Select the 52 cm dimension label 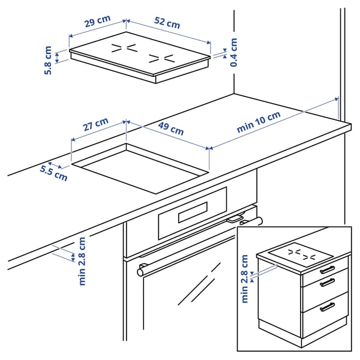pyautogui.click(x=166, y=23)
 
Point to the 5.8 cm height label pyautogui.click(x=49, y=60)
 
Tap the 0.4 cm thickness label pyautogui.click(x=233, y=52)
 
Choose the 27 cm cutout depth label pyautogui.click(x=95, y=125)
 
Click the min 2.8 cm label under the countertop pyautogui.click(x=82, y=261)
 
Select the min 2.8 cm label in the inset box pyautogui.click(x=244, y=279)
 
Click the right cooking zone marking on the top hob pyautogui.click(x=161, y=59)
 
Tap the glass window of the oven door pyautogui.click(x=186, y=300)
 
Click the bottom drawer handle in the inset pyautogui.click(x=327, y=307)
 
